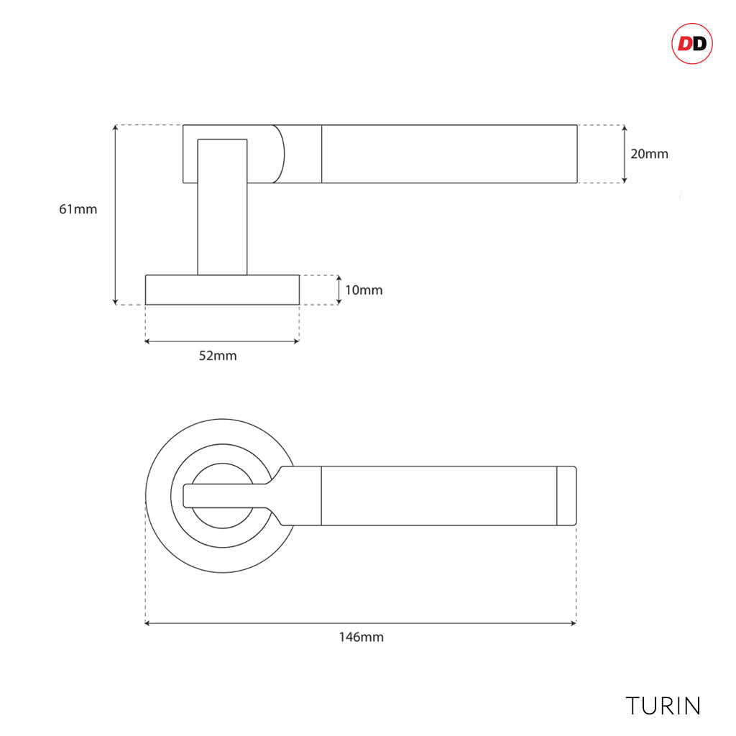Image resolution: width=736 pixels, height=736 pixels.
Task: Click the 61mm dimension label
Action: point(78,209)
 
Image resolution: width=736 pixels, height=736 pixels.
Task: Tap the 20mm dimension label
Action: point(649,154)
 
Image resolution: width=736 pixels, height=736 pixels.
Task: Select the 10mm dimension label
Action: point(364,290)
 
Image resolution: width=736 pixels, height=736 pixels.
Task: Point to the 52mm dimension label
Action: point(218,356)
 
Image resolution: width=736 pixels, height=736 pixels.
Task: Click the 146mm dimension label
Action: point(362,637)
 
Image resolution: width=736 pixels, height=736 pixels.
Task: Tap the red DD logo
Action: point(692,44)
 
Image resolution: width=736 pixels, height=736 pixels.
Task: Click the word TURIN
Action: point(663,706)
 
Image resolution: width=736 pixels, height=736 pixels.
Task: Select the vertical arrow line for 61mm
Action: point(116,215)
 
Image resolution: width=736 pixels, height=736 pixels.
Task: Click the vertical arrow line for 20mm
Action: point(625,154)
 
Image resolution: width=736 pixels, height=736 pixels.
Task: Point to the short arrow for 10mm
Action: point(339,290)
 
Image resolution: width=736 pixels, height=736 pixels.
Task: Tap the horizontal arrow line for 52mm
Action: point(222,341)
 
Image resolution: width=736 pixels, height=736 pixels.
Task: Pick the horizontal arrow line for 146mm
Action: point(361,623)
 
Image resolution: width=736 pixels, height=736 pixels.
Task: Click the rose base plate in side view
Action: point(222,290)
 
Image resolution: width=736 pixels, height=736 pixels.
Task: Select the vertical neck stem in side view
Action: point(223,207)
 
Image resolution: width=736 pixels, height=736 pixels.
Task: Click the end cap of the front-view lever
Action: point(566,496)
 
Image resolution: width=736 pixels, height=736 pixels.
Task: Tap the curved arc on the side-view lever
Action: point(283,154)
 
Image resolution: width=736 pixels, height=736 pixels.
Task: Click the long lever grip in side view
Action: point(449,154)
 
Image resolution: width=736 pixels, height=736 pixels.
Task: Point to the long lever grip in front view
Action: point(439,496)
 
